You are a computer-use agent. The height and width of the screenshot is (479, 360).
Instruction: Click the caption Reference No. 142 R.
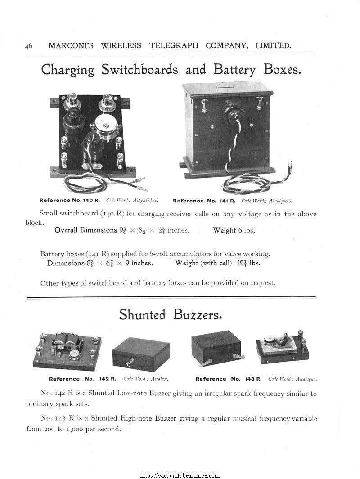[83, 379]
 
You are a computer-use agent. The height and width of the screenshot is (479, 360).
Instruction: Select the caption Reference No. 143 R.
[230, 379]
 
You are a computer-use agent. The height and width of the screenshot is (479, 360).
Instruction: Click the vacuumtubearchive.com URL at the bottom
[180, 475]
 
